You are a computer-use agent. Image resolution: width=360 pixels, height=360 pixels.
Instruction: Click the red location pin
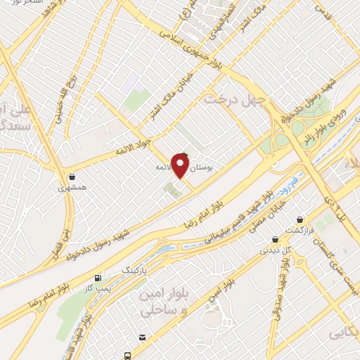(x=181, y=166)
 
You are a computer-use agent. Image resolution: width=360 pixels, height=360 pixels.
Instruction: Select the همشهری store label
(x=72, y=188)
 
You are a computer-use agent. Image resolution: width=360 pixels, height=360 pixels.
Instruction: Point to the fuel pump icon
(x=107, y=278)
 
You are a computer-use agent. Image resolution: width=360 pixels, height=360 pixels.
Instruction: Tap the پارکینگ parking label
(x=136, y=269)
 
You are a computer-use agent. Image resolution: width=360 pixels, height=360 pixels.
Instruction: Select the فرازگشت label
(x=299, y=231)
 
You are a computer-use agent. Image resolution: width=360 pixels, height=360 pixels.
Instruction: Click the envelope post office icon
(x=143, y=337)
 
